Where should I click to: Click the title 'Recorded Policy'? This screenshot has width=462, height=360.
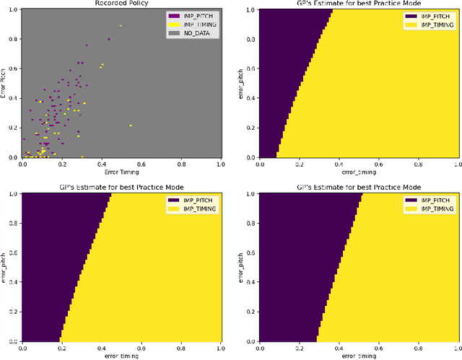pos(121,4)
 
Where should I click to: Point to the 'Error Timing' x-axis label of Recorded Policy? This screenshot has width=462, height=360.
pos(121,173)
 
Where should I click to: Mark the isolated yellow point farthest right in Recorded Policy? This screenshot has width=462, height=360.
pos(131,126)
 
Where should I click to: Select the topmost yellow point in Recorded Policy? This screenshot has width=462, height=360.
pos(121,26)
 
